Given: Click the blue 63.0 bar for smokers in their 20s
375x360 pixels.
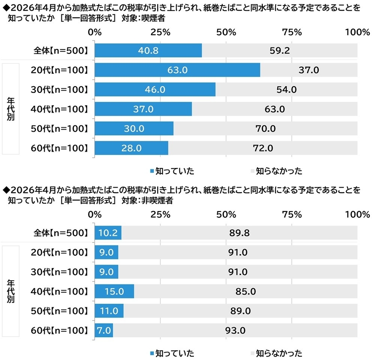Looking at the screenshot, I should click(178, 70).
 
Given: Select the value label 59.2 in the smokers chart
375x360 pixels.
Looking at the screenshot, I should click(279, 51).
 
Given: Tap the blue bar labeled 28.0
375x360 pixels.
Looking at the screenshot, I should click(131, 148).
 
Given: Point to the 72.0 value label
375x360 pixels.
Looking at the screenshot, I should click(262, 148).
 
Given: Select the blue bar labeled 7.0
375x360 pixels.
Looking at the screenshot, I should click(104, 330).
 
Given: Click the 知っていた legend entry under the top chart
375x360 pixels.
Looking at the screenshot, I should click(172, 172).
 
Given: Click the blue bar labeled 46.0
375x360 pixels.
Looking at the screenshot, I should click(155, 90).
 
